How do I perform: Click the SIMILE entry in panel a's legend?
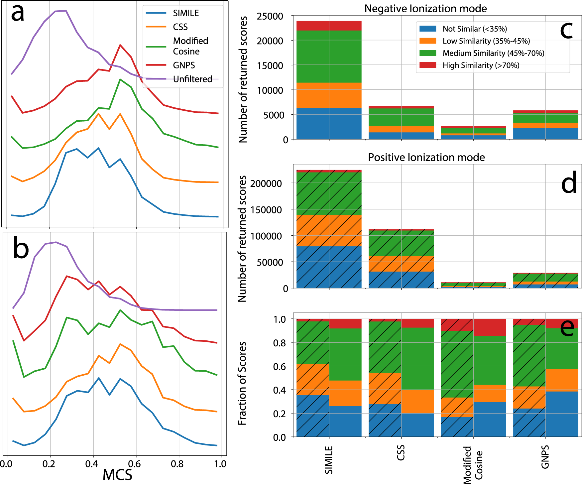(185, 13)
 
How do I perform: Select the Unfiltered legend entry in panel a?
(192, 79)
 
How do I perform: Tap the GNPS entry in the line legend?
(184, 65)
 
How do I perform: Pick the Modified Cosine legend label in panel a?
(190, 46)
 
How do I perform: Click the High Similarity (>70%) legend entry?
(481, 65)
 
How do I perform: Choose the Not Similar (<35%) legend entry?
(475, 29)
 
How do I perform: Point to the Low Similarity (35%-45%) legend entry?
(486, 41)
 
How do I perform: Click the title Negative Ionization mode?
(425, 9)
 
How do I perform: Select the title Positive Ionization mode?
(426, 157)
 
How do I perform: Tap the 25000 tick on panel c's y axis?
(270, 16)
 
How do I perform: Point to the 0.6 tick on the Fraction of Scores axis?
(279, 366)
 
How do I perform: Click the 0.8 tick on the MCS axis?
(177, 464)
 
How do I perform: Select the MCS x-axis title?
(117, 475)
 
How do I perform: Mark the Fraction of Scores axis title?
(242, 383)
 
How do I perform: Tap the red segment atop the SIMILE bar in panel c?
(329, 26)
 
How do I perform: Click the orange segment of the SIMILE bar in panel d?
(329, 231)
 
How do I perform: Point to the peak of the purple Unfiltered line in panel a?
(66, 11)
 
